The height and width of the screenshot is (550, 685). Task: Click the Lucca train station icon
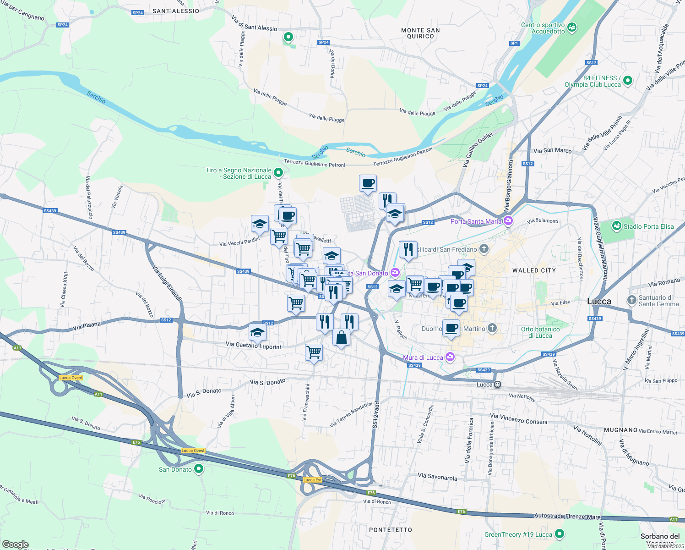(x=497, y=385)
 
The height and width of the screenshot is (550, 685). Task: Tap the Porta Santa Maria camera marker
(x=508, y=221)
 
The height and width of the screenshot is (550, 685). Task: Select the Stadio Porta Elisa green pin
(x=617, y=226)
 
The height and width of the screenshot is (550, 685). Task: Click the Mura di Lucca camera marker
(x=450, y=357)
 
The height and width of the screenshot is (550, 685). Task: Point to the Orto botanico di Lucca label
(x=540, y=332)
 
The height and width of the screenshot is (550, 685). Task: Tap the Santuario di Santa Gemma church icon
(x=632, y=300)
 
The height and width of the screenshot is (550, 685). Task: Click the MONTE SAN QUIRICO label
(x=420, y=33)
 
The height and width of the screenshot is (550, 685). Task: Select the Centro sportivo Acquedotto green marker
(x=571, y=28)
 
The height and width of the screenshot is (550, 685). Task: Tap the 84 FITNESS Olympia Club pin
(x=628, y=81)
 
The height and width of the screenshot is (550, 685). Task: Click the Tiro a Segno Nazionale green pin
(x=278, y=173)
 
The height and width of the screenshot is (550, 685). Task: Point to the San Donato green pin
(x=199, y=469)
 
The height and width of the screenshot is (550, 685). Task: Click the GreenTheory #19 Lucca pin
(x=559, y=534)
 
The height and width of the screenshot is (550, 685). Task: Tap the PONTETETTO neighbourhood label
(x=391, y=530)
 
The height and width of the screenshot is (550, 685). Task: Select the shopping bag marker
(x=341, y=338)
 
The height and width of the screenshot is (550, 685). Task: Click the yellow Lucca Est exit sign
(x=312, y=480)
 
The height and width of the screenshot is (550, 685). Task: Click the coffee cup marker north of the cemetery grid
(x=368, y=183)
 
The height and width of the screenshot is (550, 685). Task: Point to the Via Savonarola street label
(x=437, y=477)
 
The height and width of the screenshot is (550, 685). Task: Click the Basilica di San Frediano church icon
(x=484, y=249)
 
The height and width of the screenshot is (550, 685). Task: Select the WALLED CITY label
(x=534, y=270)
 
